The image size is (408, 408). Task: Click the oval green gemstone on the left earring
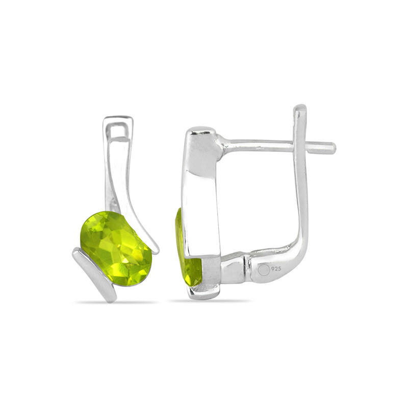tap(116, 248)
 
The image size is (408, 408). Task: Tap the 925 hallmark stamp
tap(276, 269)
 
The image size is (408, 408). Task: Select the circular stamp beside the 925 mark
tap(264, 269)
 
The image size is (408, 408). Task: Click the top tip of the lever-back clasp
tap(300, 106)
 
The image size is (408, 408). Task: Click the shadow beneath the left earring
tap(116, 302)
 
